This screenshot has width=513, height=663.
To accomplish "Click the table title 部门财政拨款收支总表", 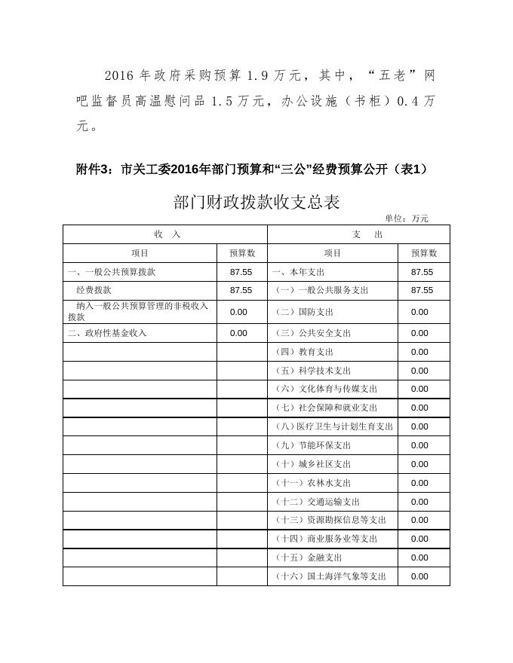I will (256, 202).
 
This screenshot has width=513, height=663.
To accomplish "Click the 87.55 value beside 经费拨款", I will (241, 290).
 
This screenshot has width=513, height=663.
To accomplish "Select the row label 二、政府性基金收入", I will (107, 333).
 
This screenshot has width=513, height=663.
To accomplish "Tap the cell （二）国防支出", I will (304, 312).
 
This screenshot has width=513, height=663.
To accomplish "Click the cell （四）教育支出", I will (304, 352).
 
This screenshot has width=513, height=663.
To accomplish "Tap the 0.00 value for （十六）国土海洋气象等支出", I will (419, 576).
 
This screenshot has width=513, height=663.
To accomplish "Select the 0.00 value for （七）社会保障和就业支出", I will (419, 408).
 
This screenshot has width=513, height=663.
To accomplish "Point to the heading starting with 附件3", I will (252, 170).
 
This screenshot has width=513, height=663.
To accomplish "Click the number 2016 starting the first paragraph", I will (118, 75).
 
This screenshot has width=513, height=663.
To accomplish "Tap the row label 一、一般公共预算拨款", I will (112, 272).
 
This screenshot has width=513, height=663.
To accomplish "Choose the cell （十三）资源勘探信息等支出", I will (330, 520).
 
